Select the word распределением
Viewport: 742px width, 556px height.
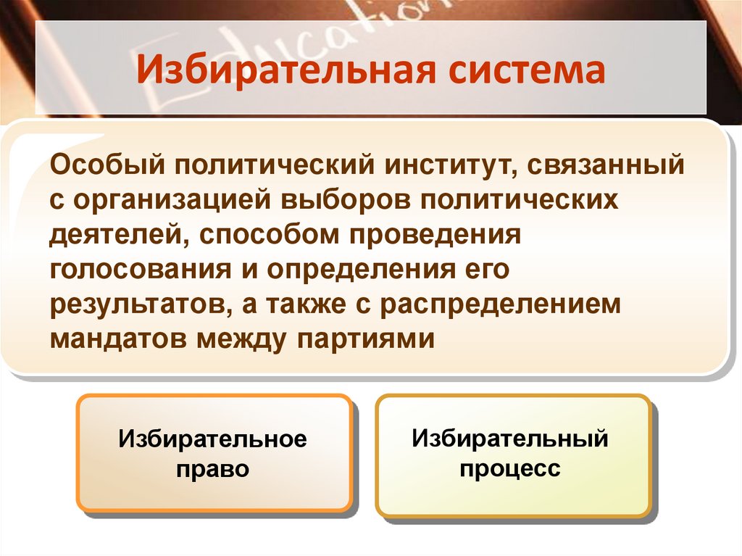(x=501, y=304)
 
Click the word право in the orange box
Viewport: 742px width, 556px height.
(x=214, y=468)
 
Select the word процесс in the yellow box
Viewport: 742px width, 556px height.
(x=509, y=468)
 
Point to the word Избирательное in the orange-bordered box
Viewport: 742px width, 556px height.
(x=214, y=439)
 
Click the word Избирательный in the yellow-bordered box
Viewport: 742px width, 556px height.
(x=509, y=438)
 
